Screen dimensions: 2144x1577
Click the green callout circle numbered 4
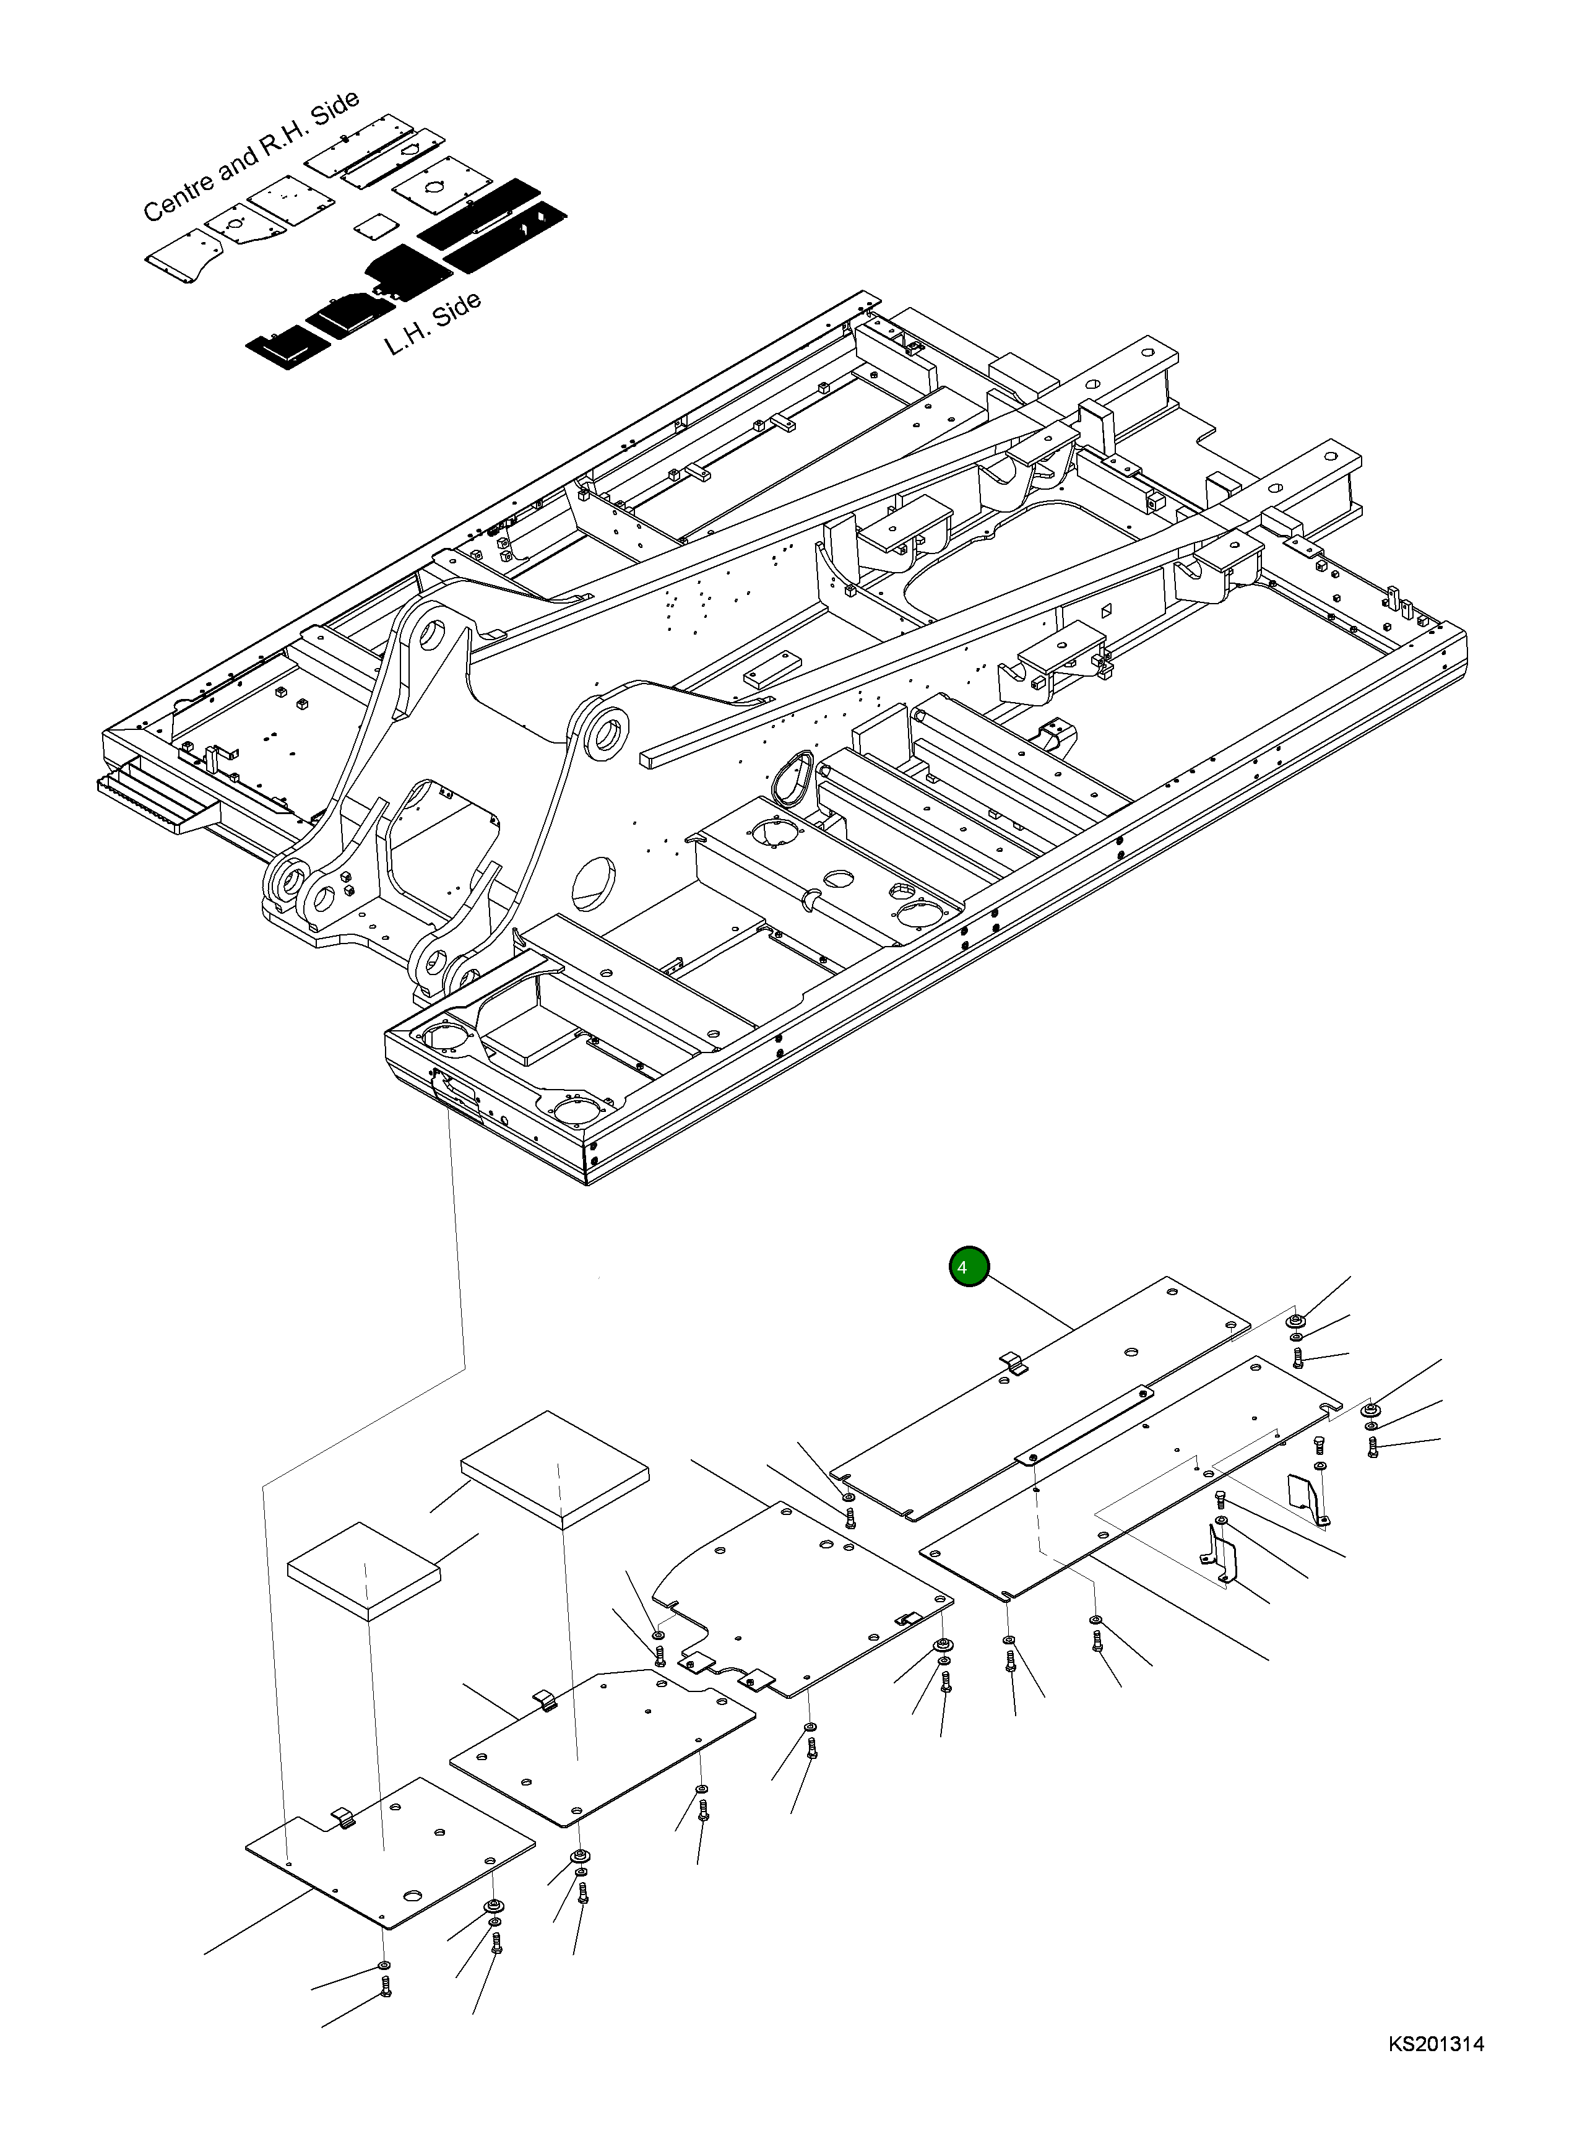[x=969, y=1267]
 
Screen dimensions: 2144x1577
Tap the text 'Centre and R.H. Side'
[x=250, y=155]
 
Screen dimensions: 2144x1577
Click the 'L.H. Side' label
[x=433, y=324]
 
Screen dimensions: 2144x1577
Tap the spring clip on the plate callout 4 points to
[x=1014, y=1364]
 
